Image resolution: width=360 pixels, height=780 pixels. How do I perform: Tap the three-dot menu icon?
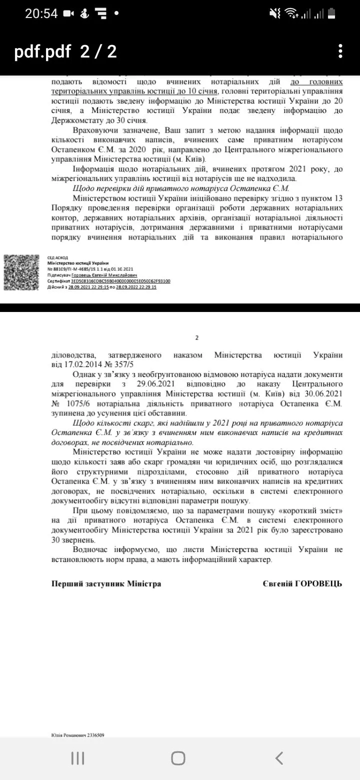point(340,51)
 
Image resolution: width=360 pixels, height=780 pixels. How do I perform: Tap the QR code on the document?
point(22,273)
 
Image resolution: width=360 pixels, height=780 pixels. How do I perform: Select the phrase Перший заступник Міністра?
point(106,583)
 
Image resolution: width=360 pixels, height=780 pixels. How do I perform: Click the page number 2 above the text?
point(197,337)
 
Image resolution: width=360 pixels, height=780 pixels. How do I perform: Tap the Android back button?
point(279,757)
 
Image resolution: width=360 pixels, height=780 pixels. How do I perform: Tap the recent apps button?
point(77,757)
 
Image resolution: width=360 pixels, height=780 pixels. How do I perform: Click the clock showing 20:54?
point(41,13)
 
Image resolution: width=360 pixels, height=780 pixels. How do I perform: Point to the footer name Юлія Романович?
point(68,735)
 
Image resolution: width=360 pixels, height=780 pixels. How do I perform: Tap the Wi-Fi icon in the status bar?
point(290,13)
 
